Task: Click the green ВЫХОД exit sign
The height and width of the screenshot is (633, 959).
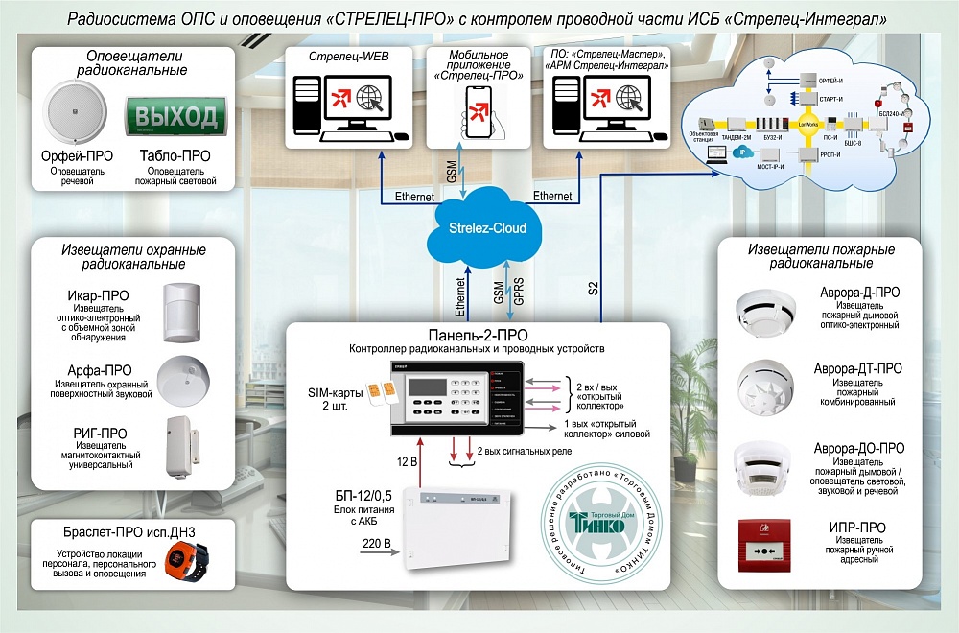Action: [176, 117]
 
